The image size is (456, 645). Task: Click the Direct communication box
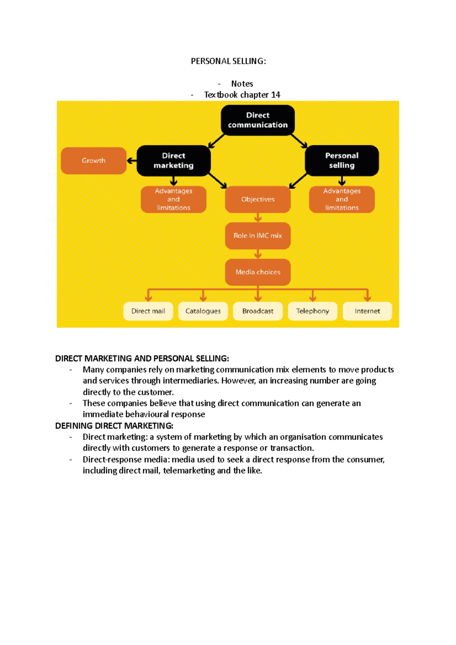(x=258, y=120)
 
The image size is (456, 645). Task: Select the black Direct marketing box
(x=174, y=161)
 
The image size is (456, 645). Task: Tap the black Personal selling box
(x=342, y=161)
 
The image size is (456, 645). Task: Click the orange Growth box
(x=93, y=161)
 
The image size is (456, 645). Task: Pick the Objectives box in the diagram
(x=258, y=199)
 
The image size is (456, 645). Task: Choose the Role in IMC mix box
(x=258, y=236)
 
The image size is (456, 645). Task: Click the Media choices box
(x=258, y=272)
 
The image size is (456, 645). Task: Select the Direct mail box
(x=148, y=311)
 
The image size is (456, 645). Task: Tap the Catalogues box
(x=203, y=311)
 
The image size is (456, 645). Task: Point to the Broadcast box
(x=258, y=311)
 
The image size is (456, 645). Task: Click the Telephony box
(x=312, y=311)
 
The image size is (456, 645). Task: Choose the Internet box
(x=367, y=311)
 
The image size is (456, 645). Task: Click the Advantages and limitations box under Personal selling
(x=342, y=199)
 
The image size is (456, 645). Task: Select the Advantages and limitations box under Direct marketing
(x=174, y=199)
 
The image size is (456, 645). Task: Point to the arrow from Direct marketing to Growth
(x=131, y=161)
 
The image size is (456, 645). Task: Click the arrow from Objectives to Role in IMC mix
(x=258, y=218)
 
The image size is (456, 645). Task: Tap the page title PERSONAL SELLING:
(x=228, y=62)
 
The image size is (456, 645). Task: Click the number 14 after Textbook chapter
(x=275, y=95)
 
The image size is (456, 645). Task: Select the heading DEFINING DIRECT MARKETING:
(x=114, y=426)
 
